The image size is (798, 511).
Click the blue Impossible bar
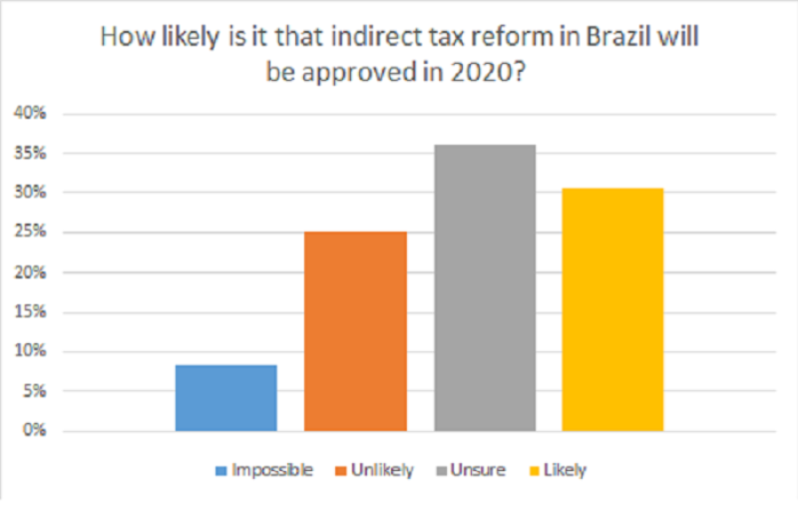tap(225, 397)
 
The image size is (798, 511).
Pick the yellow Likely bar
tap(612, 309)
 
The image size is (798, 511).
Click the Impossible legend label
tap(271, 470)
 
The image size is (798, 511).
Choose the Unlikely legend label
tap(381, 470)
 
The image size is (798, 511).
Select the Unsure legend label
tap(478, 470)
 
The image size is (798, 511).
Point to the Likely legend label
tap(566, 470)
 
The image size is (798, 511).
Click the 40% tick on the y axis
tap(31, 114)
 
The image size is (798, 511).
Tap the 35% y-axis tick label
tap(31, 154)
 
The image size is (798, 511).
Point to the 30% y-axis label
tap(31, 193)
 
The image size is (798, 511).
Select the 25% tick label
tap(31, 233)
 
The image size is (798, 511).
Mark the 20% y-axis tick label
tap(31, 272)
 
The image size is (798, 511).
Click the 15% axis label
tap(31, 312)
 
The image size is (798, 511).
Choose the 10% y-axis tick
tap(31, 351)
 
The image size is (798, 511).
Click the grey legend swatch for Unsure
tap(440, 470)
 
